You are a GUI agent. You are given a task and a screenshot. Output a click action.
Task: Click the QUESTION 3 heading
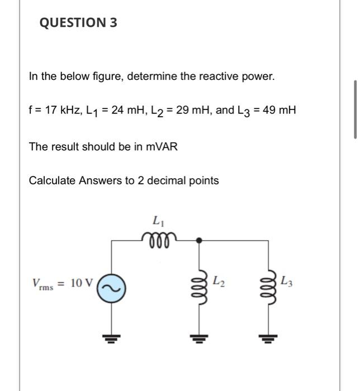78,23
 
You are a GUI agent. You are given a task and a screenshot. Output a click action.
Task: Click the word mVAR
162,146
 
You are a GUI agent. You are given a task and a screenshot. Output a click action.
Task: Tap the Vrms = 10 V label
62,283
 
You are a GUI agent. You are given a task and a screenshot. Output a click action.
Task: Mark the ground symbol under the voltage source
111,337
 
